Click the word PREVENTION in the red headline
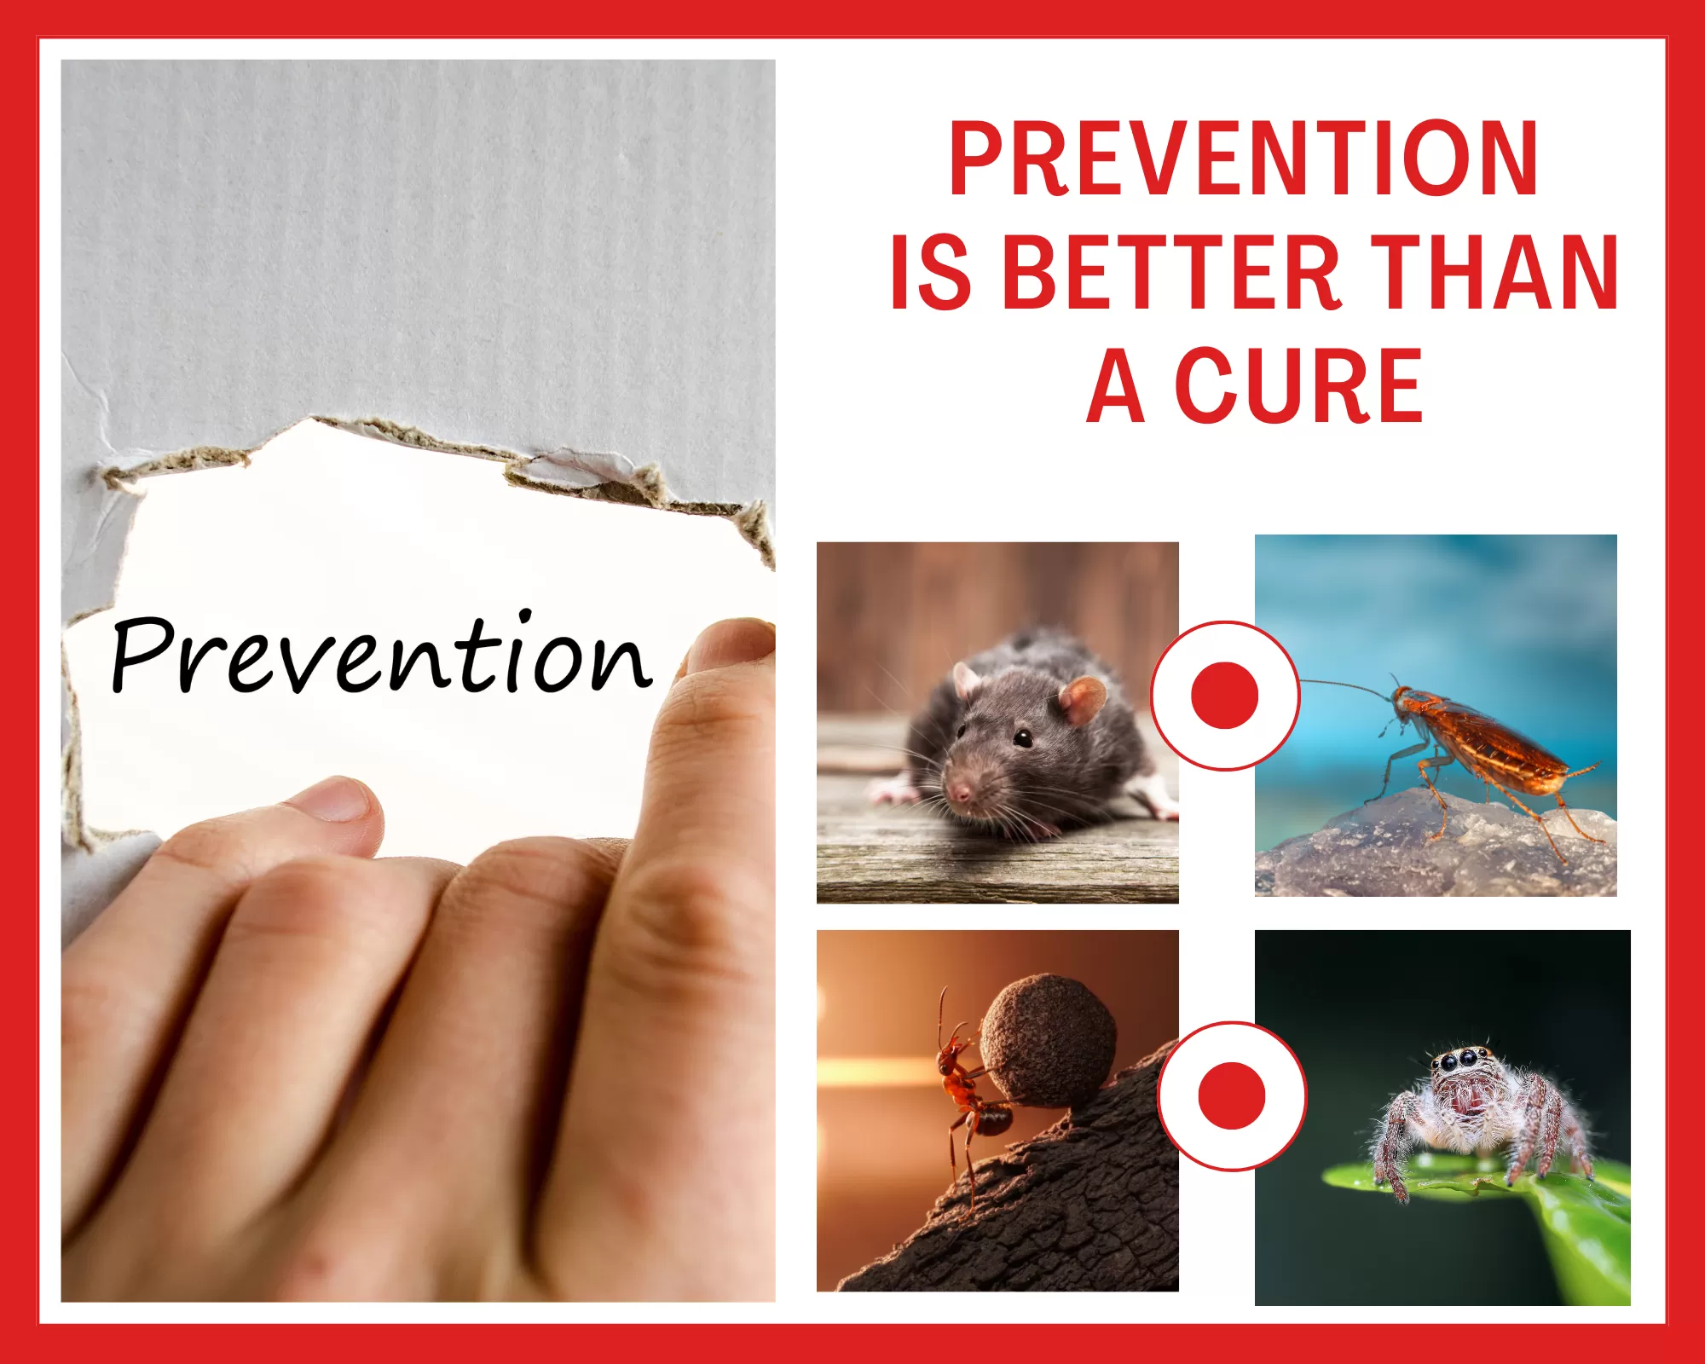(x=1244, y=159)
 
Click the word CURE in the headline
(x=1299, y=385)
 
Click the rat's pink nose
(x=960, y=795)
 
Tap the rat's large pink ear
(x=1082, y=700)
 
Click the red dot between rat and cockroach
(x=1225, y=696)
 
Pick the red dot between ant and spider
(x=1232, y=1095)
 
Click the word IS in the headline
(x=930, y=272)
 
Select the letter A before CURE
(x=1116, y=385)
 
